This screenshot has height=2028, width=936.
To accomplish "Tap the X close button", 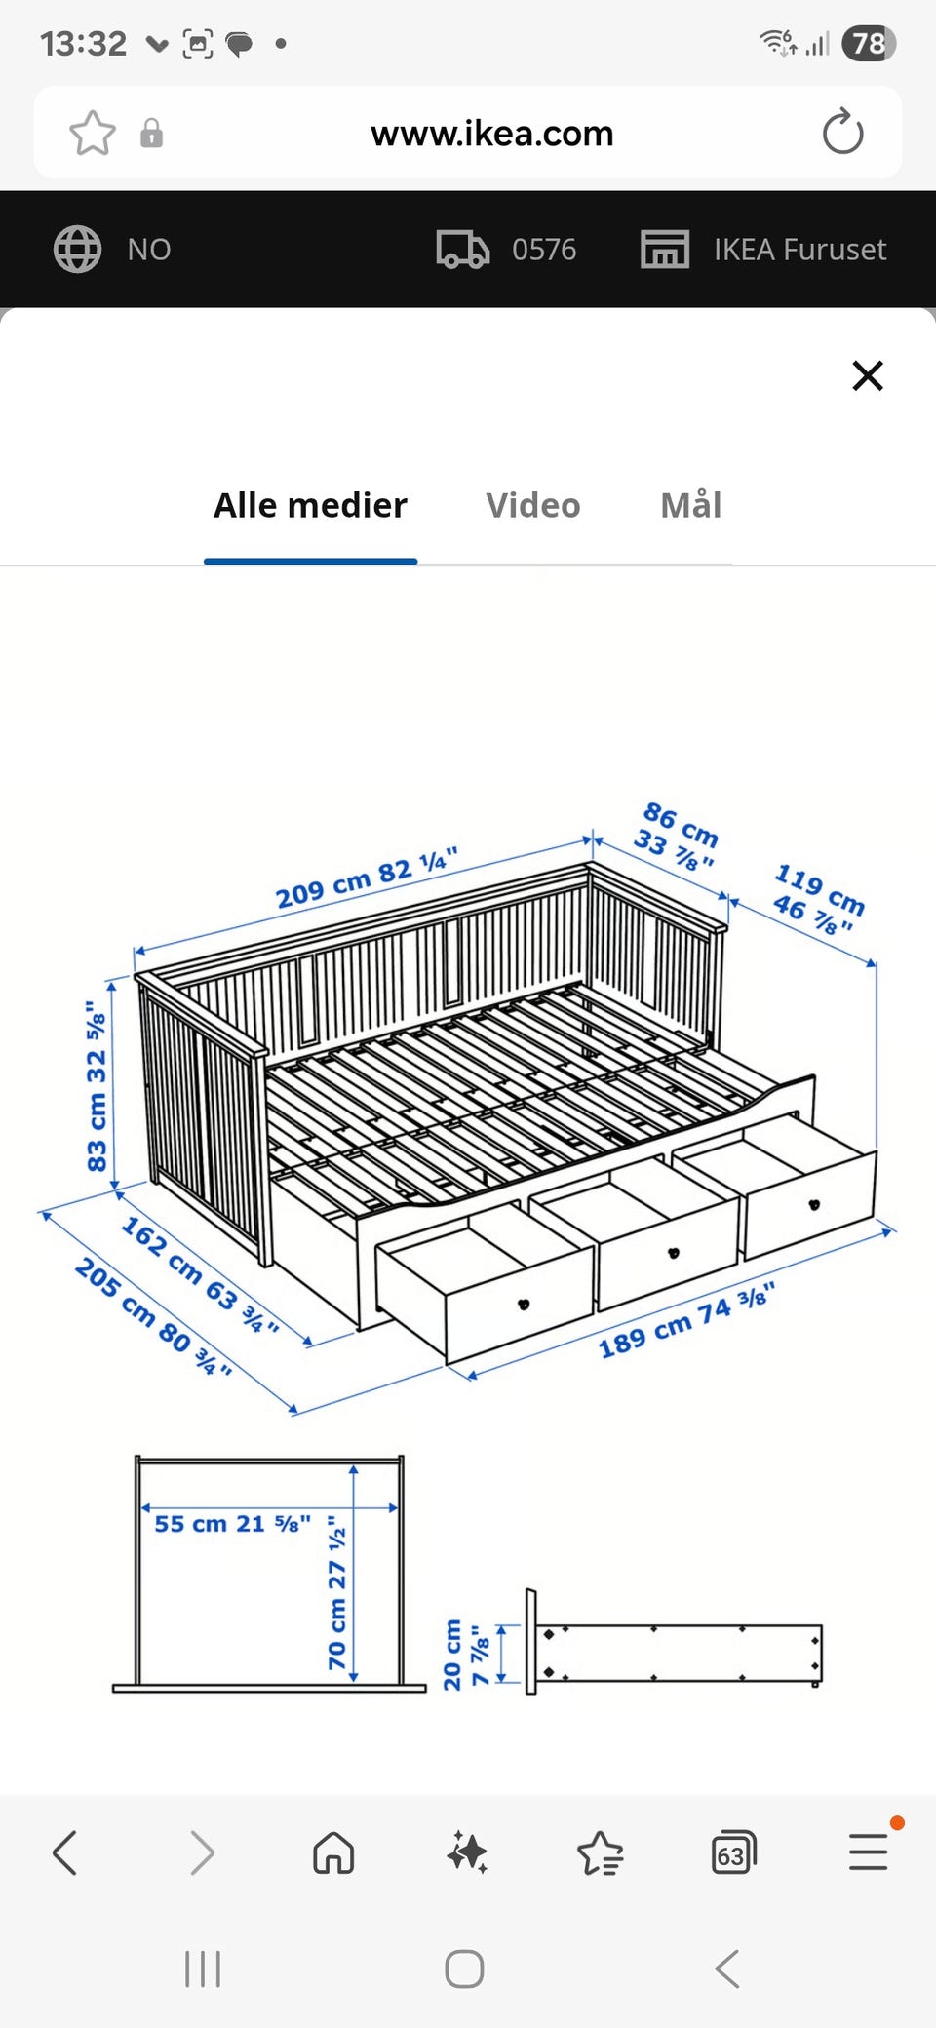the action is (868, 375).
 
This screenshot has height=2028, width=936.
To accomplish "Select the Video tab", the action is (533, 505).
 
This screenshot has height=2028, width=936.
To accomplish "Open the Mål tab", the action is (691, 504).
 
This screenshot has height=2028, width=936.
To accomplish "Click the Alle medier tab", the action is (310, 505).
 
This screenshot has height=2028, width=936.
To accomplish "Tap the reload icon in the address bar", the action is (842, 133).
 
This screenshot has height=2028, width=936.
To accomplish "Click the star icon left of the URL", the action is (93, 133).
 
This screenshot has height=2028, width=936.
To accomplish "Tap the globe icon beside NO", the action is (77, 250).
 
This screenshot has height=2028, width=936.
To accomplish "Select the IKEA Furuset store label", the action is (799, 250).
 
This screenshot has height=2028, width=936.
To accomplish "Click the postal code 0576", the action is (544, 250).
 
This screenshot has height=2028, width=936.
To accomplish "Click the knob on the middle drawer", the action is (673, 1253).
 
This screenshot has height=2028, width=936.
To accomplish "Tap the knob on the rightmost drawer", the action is (814, 1205).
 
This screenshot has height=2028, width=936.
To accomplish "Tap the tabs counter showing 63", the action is (733, 1852).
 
